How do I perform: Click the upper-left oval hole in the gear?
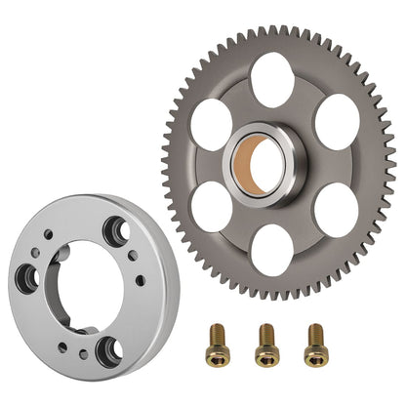coord(211,125)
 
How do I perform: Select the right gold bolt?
coord(313,341)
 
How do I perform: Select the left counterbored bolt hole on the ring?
coord(26,280)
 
